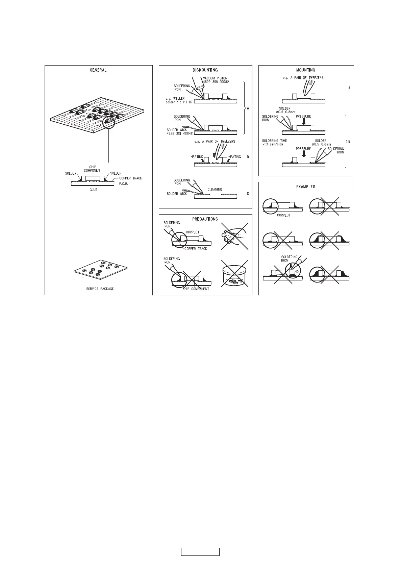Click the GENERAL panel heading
(x=98, y=70)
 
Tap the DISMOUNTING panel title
(x=205, y=70)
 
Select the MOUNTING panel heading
(x=305, y=70)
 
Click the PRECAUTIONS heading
(x=205, y=219)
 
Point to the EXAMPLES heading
(x=305, y=187)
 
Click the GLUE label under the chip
(x=93, y=190)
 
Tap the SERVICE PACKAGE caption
(x=100, y=289)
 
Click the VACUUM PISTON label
(x=215, y=78)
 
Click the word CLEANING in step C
(x=215, y=190)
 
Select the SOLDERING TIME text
(x=274, y=141)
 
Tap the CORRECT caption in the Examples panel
(x=283, y=215)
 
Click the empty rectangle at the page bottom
(x=200, y=552)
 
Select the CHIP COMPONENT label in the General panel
(x=93, y=169)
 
